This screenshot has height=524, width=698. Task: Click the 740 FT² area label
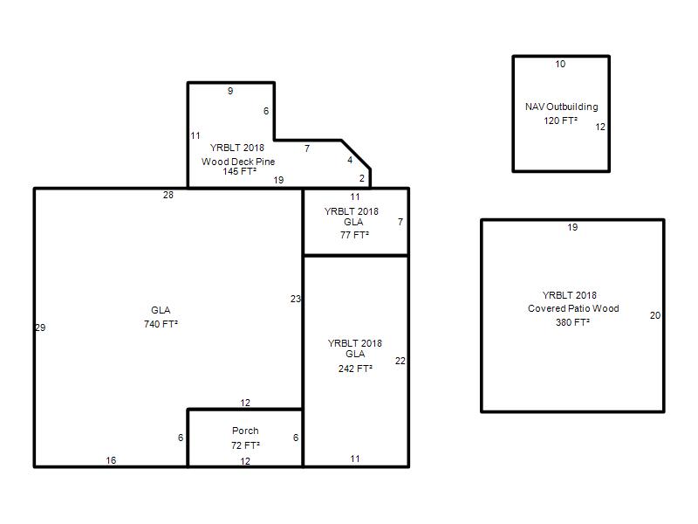(161, 324)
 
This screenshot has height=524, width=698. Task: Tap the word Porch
(245, 431)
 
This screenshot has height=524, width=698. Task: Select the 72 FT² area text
(245, 445)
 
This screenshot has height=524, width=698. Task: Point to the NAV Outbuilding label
(561, 107)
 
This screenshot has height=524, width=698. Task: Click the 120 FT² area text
(560, 121)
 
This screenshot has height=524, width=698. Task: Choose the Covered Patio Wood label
(573, 308)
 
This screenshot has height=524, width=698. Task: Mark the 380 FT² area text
(572, 322)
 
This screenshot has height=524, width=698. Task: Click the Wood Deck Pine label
(238, 162)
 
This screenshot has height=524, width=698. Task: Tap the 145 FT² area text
(239, 171)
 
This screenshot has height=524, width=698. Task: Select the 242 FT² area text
(355, 369)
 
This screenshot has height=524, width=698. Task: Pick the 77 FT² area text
(355, 235)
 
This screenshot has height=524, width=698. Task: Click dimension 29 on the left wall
(40, 327)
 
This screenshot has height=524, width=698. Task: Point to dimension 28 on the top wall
(168, 195)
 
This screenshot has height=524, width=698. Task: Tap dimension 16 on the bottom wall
(111, 460)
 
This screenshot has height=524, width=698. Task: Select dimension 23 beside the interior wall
(296, 299)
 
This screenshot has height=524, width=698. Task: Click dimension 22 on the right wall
(400, 361)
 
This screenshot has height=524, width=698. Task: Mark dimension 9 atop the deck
(230, 91)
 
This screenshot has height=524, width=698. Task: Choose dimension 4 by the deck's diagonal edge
(350, 160)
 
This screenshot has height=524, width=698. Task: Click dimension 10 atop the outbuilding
(560, 64)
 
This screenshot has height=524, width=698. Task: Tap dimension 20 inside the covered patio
(655, 315)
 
